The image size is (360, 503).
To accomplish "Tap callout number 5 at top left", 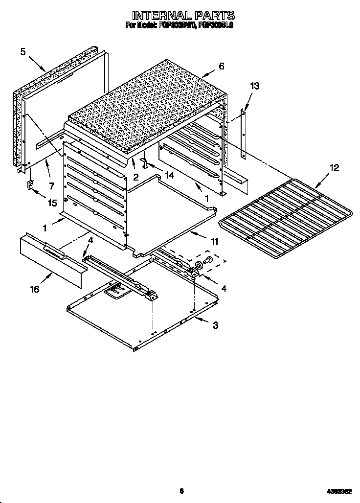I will (23, 51).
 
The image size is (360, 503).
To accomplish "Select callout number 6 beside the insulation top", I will (222, 66).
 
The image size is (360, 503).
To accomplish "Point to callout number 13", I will (254, 86).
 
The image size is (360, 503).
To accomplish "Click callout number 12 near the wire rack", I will (334, 168).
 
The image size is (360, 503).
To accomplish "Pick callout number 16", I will (34, 289).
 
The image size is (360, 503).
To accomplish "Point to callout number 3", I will (215, 325).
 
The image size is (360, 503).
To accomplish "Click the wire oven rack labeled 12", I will (286, 215).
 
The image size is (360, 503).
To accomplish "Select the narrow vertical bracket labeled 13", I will (243, 135).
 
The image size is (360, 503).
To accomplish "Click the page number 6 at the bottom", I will (181, 491).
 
